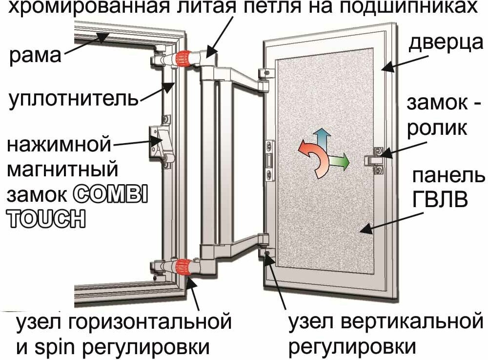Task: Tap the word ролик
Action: [437, 128]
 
